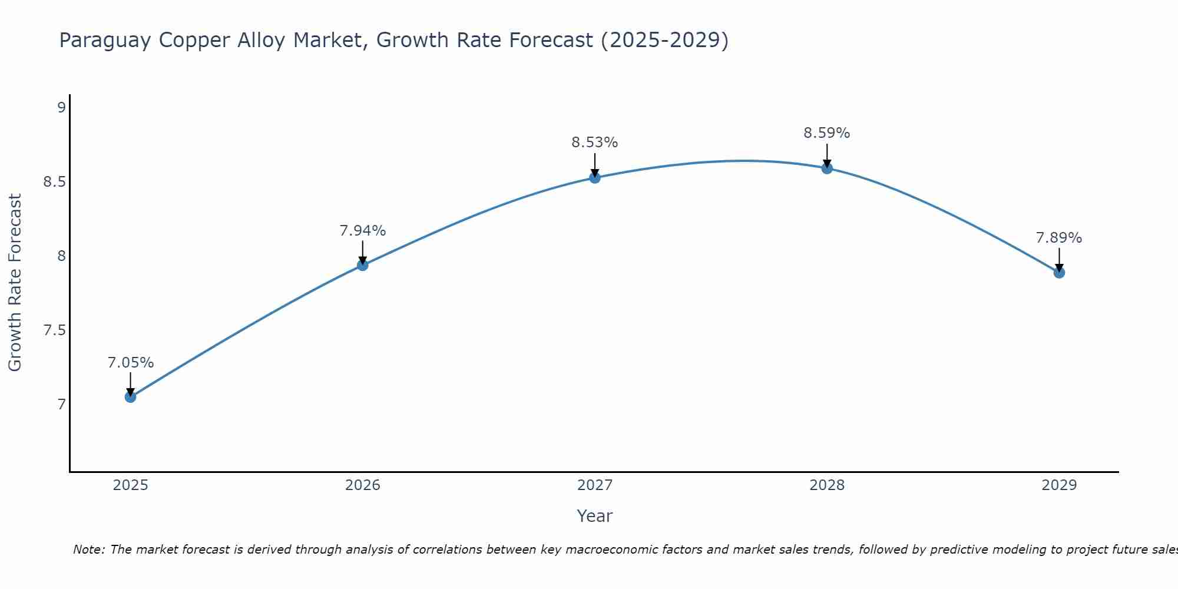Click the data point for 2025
click(130, 397)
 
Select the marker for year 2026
click(363, 265)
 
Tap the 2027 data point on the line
click(595, 177)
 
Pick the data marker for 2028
click(827, 168)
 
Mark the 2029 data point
click(1059, 273)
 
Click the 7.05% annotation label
click(130, 363)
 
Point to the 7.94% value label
click(363, 231)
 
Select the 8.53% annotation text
click(595, 143)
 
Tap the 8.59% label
click(827, 133)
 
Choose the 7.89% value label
click(1059, 238)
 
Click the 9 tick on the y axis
click(61, 107)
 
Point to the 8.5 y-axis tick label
click(54, 181)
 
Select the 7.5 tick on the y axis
click(54, 330)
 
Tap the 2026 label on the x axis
click(363, 485)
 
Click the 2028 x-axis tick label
click(827, 485)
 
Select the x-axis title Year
click(595, 516)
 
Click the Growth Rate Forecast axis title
click(15, 283)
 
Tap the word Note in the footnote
click(88, 550)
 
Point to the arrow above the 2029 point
click(1059, 259)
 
